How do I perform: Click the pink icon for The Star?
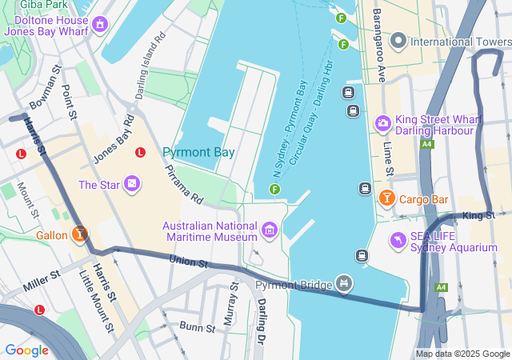click(x=132, y=186)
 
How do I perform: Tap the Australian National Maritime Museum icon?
click(x=270, y=232)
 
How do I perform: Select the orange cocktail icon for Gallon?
click(x=79, y=235)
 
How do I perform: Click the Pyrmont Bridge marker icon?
click(x=344, y=282)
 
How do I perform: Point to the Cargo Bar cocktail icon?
click(x=387, y=198)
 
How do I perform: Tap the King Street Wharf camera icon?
click(x=382, y=123)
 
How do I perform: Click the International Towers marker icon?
click(x=398, y=40)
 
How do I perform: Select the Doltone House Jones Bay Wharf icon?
click(x=99, y=25)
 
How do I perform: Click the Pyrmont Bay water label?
click(x=198, y=152)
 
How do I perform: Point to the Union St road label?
click(x=189, y=262)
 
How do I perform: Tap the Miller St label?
click(x=42, y=280)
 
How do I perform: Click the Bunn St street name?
click(x=197, y=327)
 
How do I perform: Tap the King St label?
click(x=478, y=215)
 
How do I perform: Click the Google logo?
click(x=26, y=350)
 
